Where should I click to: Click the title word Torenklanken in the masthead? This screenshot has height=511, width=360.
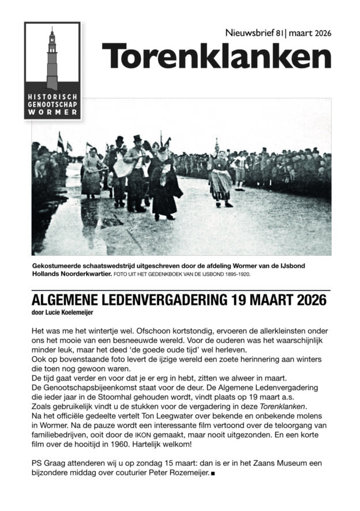tap(216, 56)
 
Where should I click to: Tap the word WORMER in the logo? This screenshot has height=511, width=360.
tap(52, 111)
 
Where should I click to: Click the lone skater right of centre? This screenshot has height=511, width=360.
tap(221, 176)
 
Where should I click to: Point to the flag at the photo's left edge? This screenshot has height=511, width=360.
tap(60, 141)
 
